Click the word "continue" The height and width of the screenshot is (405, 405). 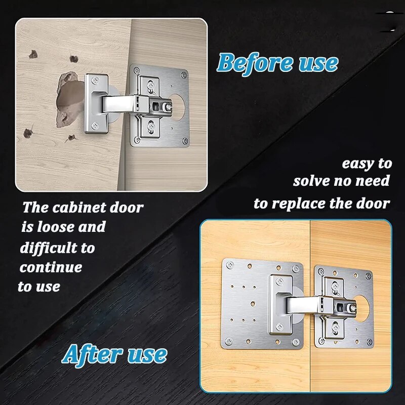(51, 267)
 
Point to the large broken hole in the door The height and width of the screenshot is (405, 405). (68, 99)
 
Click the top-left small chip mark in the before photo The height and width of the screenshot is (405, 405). (33, 54)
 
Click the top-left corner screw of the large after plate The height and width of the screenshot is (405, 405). (229, 265)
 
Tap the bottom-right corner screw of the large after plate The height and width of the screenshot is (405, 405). (296, 342)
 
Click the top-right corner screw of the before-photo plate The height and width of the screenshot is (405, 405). (184, 75)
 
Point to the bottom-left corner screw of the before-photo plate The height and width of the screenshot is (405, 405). (137, 139)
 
